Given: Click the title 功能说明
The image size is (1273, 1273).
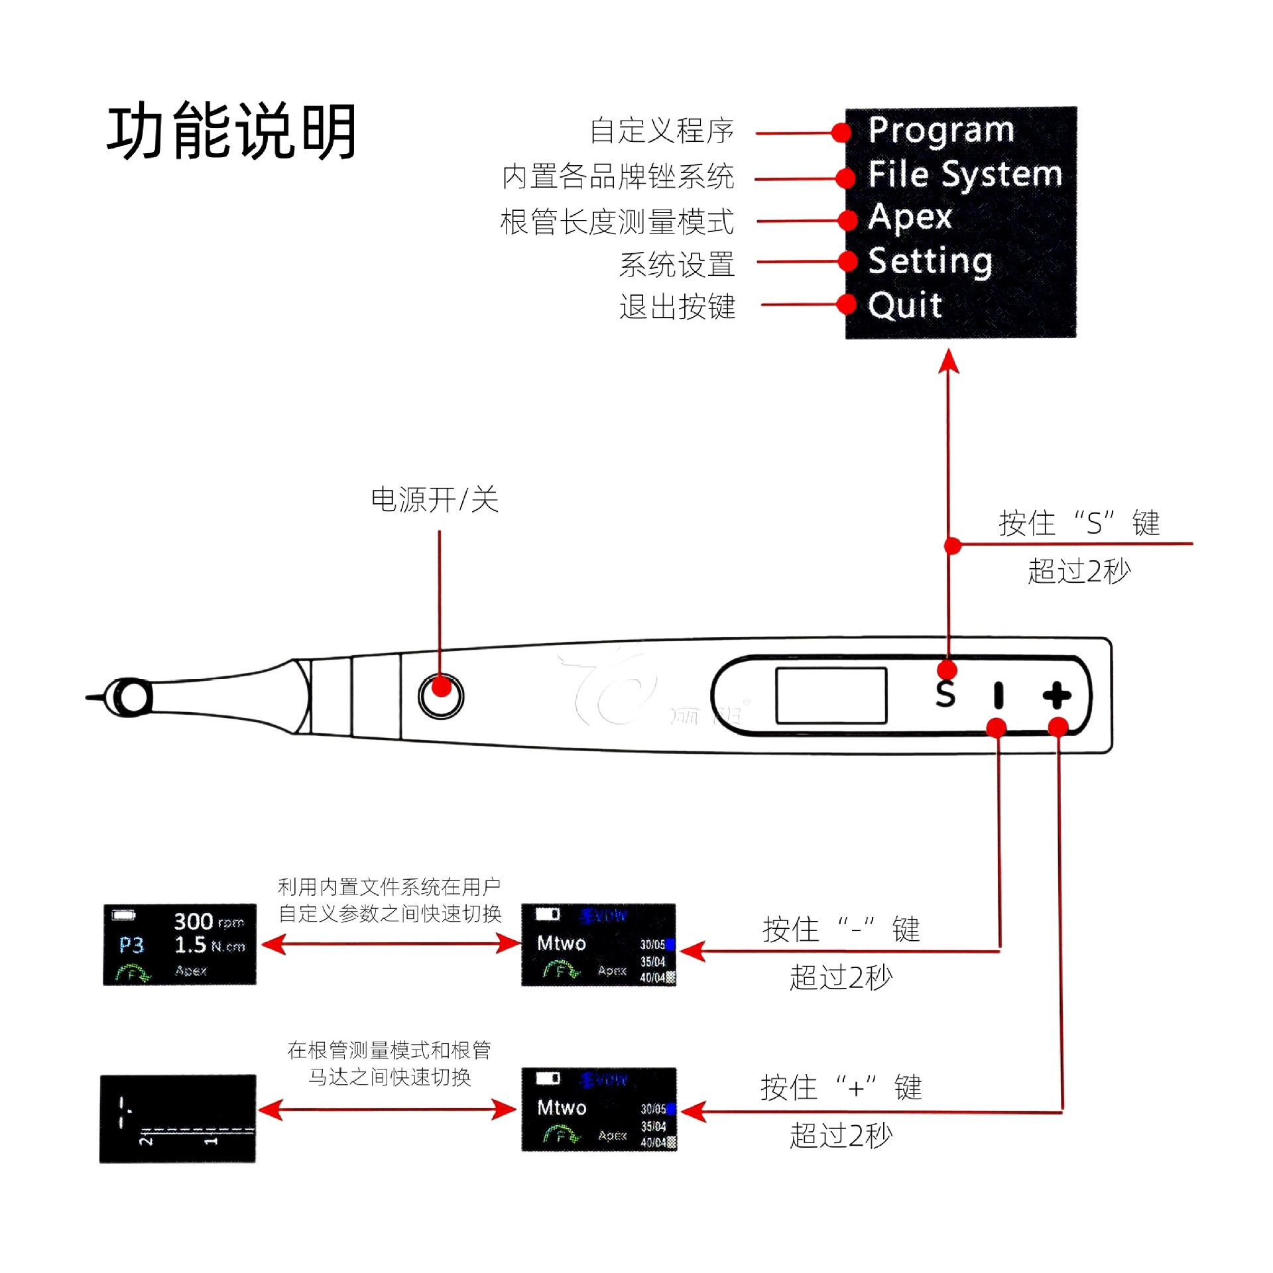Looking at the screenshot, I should coord(231,131).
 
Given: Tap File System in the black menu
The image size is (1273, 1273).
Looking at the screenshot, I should coord(965,175).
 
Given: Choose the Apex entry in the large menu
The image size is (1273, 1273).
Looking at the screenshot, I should coord(910,217).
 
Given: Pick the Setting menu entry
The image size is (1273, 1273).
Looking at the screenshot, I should coord(930,261).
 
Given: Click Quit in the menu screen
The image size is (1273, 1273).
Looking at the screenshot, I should coord(904,306).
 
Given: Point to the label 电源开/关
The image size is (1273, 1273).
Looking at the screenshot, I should coord(434,499).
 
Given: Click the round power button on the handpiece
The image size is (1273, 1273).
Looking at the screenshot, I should coord(441,696).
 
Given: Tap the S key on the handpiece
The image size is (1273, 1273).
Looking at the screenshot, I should coord(945,694).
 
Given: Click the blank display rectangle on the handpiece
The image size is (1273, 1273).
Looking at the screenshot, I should coord(831,695).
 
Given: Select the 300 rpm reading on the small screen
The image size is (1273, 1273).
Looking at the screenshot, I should coord(208,922).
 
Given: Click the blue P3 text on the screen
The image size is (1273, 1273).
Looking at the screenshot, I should coord(131,945).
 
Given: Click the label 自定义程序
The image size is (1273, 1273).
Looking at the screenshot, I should coord(661,131).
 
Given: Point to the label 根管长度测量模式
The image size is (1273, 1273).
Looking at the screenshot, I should coord(617,221).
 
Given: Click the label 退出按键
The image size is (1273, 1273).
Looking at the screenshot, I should coord(677,306).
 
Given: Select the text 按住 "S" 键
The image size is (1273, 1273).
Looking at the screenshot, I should coord(1079,523).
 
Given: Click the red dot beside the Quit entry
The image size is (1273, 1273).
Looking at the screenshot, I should coord(847,304).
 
